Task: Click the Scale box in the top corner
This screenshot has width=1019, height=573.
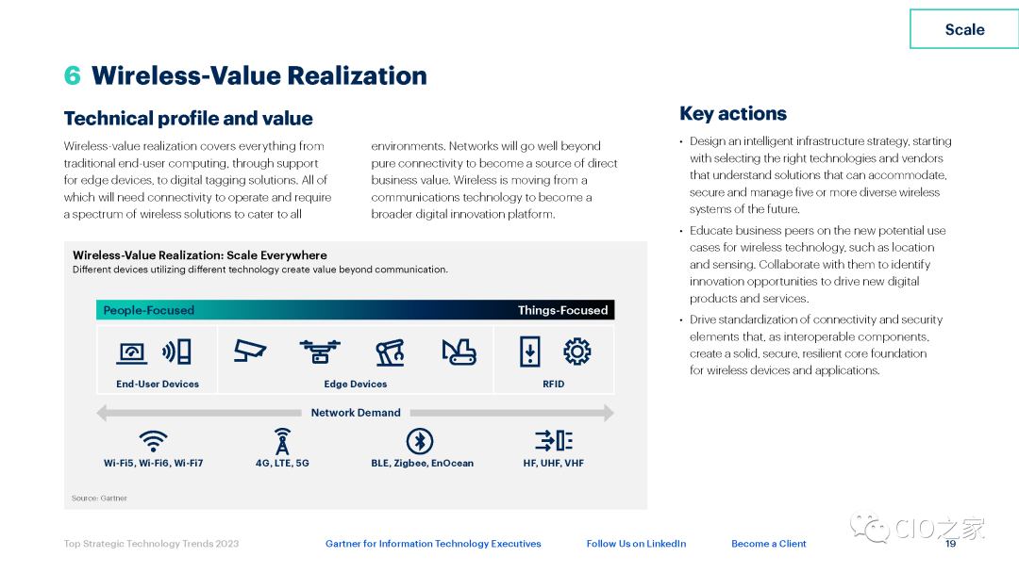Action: coord(964,29)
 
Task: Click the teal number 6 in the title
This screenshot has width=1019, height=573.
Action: coord(72,75)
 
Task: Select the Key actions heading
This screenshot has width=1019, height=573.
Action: coord(733,113)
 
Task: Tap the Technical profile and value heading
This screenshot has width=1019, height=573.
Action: coord(188,118)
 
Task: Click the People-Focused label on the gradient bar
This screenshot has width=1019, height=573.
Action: coord(149,310)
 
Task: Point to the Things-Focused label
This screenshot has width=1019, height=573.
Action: coord(562,310)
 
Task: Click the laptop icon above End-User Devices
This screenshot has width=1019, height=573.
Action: coord(132,352)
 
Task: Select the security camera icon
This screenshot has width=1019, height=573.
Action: coord(250,351)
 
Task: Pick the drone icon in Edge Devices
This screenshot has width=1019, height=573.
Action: coord(320,352)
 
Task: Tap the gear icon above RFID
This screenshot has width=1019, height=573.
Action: coord(577,352)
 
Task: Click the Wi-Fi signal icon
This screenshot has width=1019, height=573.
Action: coord(154,441)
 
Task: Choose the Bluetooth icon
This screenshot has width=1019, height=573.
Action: coord(420,441)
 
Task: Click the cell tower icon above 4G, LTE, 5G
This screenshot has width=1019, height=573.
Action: coord(282,441)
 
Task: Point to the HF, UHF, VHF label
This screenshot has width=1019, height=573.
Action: coord(554,464)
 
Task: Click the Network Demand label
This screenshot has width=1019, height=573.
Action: coord(356,413)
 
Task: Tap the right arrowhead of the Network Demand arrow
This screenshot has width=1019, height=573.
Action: coord(609,413)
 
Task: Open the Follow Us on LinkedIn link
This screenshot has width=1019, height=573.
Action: coord(636,544)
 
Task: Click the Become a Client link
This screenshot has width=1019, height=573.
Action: coord(769,544)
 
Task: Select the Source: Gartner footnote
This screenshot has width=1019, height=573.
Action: coord(99,499)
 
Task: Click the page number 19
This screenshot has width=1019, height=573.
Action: coord(951,544)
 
